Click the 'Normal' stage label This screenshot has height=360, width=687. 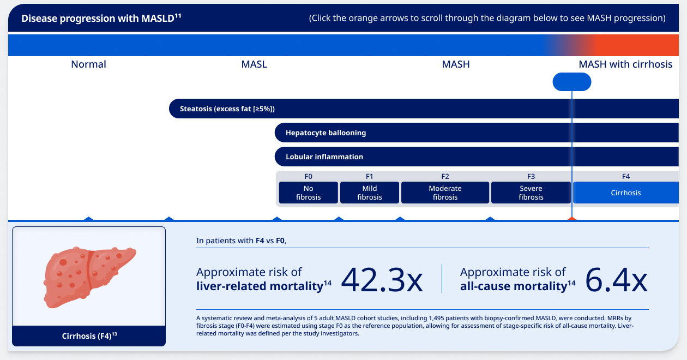tap(88, 64)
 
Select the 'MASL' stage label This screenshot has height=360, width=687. tap(254, 64)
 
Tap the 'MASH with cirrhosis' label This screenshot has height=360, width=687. tap(625, 64)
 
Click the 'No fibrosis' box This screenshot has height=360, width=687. tap(309, 193)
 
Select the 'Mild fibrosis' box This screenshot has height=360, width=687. tap(370, 193)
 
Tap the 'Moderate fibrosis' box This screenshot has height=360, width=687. tap(445, 193)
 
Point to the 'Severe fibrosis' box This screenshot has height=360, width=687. tap(531, 193)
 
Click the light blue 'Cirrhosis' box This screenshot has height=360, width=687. tap(626, 193)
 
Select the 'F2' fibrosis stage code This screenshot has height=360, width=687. tap(445, 176)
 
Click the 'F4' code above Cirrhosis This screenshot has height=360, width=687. tap(626, 176)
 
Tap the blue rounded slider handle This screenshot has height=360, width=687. tap(572, 82)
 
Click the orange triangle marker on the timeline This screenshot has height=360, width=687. tap(571, 219)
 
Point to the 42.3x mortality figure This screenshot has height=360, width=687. tap(382, 280)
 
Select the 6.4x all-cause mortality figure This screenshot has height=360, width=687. tap(616, 280)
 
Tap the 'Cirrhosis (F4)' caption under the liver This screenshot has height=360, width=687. tap(89, 336)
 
